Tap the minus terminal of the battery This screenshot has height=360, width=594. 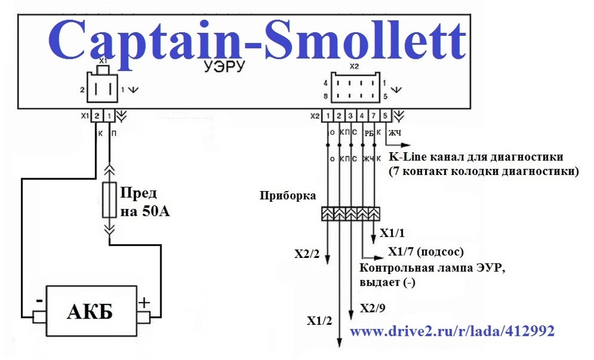tap(39, 317)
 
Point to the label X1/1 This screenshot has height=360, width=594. tap(392, 233)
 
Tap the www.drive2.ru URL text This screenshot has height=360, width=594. tap(452, 332)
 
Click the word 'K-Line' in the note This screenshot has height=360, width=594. tap(408, 156)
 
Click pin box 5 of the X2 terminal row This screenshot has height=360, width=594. tap(386, 115)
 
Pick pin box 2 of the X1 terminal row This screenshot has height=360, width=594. tap(98, 116)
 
